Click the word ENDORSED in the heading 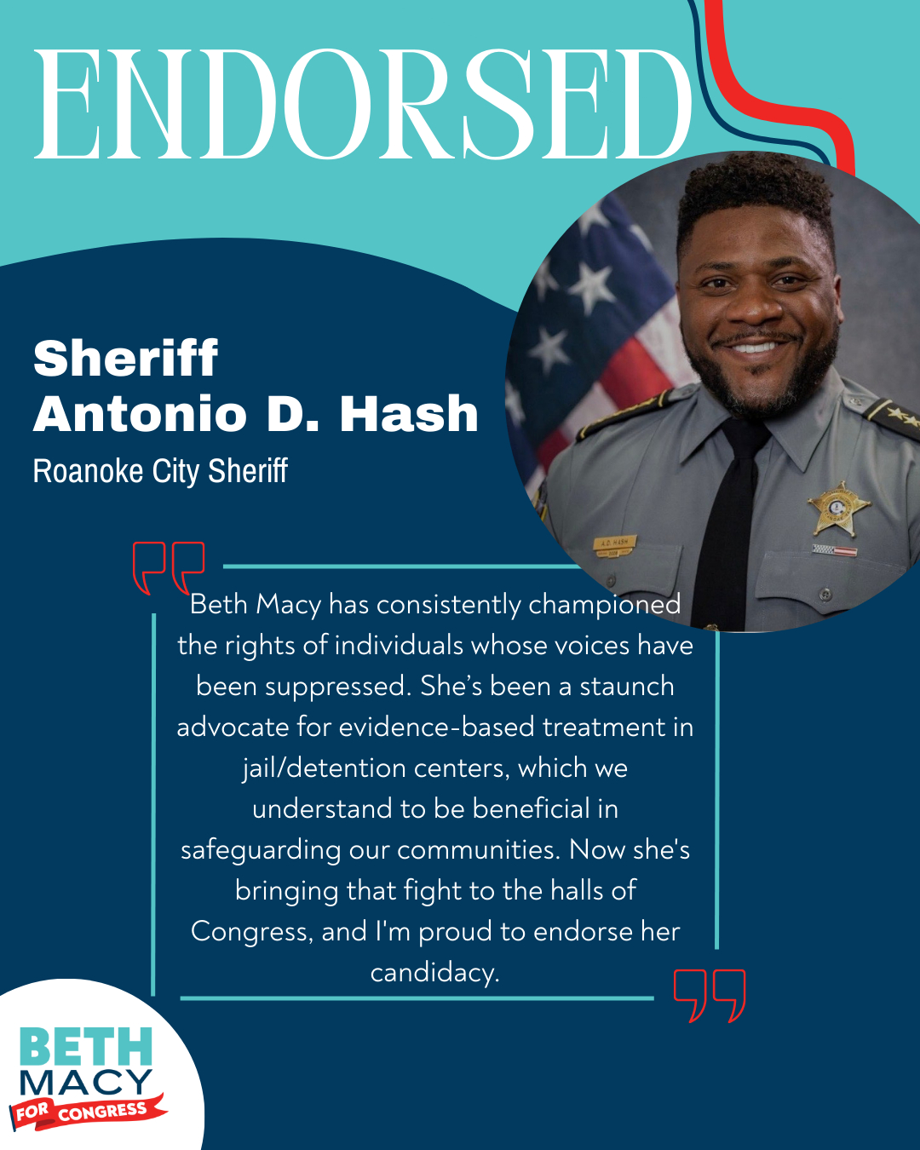(x=362, y=104)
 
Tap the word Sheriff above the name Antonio (x=125, y=358)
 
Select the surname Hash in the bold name (x=409, y=414)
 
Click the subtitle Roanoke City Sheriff (x=160, y=471)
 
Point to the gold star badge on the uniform (x=838, y=509)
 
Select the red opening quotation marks (x=169, y=566)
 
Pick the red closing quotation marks (x=710, y=994)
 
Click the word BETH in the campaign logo (x=85, y=1046)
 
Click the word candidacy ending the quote (x=434, y=972)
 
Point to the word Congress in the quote (x=251, y=931)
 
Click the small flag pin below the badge (x=834, y=550)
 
